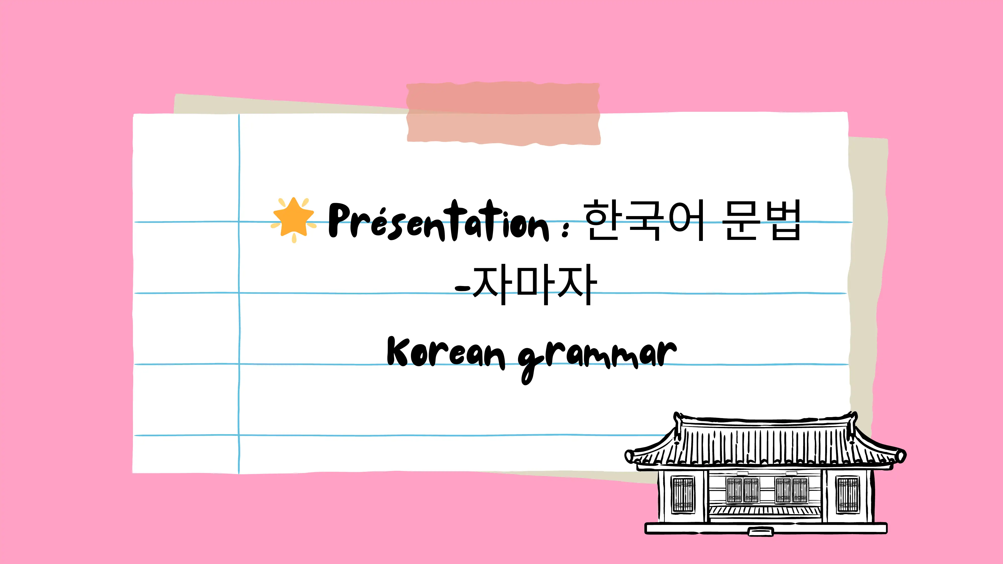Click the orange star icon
294,218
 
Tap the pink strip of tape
503,113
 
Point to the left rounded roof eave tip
630,456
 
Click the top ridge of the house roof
765,420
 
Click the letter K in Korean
398,351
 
